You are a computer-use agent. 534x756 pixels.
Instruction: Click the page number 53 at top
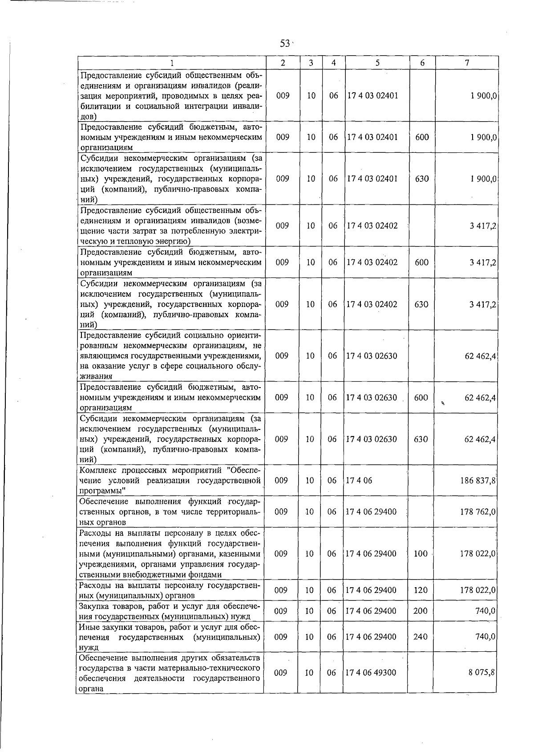285,43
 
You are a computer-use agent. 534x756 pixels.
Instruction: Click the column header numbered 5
377,63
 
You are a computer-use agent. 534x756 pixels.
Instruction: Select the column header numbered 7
466,63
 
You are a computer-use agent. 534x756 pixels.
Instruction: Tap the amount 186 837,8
478,481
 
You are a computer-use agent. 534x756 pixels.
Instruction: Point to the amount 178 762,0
478,512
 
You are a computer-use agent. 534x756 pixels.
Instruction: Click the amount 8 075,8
481,673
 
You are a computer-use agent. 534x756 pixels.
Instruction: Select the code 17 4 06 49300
371,673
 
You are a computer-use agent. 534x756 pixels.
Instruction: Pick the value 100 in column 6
421,554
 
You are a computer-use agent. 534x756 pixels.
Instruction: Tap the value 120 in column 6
421,590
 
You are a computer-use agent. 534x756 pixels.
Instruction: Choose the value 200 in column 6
421,611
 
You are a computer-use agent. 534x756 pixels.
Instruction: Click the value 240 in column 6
421,637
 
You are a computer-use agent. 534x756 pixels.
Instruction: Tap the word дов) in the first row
88,117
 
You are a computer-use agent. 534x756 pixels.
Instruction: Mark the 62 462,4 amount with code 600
480,397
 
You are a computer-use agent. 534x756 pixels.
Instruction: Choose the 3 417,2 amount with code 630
482,305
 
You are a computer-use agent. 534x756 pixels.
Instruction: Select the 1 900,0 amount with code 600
482,137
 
